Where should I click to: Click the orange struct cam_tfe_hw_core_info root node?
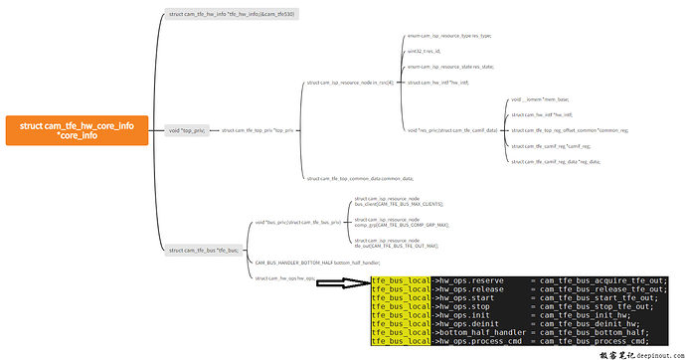pyautogui.click(x=77, y=129)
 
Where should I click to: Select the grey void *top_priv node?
pyautogui.click(x=187, y=130)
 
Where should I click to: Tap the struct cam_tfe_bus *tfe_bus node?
pyautogui.click(x=204, y=250)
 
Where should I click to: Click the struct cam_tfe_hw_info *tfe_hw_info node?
pyautogui.click(x=231, y=14)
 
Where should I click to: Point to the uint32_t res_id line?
pyautogui.click(x=424, y=51)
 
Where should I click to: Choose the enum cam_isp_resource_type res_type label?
pyautogui.click(x=449, y=35)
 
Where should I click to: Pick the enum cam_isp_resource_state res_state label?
pyautogui.click(x=450, y=67)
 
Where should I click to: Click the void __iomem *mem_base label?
pyautogui.click(x=540, y=100)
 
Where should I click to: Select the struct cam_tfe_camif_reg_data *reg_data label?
pyautogui.click(x=556, y=160)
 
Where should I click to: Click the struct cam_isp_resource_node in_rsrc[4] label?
pyautogui.click(x=351, y=83)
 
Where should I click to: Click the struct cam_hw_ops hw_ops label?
pyautogui.click(x=284, y=278)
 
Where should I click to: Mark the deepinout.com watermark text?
pyautogui.click(x=642, y=353)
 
